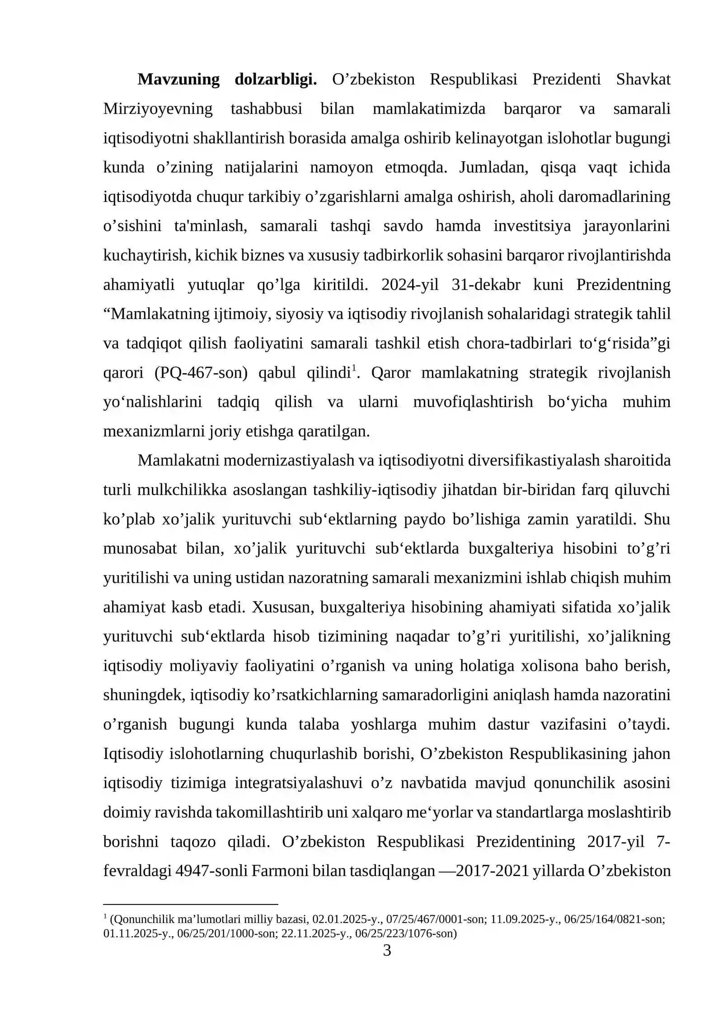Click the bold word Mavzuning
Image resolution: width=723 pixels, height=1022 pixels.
click(178, 80)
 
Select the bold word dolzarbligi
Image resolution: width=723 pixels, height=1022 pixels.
click(276, 80)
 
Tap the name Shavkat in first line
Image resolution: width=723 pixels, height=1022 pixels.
click(643, 80)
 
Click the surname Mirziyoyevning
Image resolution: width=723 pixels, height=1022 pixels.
click(158, 109)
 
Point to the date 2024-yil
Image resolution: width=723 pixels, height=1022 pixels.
click(409, 285)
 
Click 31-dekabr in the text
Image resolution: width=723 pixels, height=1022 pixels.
click(486, 285)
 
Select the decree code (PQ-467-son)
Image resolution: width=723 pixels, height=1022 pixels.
click(201, 373)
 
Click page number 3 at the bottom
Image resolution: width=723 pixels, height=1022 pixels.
click(387, 951)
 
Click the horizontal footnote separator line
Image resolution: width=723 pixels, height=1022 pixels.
click(190, 905)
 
